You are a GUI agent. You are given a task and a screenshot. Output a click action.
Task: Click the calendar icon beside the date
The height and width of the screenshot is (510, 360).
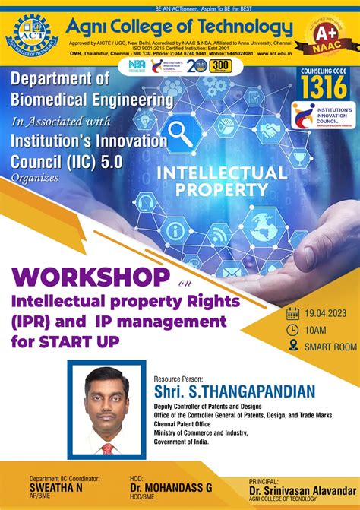292,313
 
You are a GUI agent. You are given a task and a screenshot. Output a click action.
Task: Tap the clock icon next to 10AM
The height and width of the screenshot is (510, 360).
292,330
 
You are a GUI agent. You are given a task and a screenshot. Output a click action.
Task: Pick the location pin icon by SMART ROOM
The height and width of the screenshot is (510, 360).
292,347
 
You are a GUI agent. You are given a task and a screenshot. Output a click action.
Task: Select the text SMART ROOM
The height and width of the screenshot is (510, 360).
330,347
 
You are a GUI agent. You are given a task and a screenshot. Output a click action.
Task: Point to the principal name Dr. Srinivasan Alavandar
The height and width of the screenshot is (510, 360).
302,491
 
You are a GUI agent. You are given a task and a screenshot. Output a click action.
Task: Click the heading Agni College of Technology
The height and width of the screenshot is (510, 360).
178,28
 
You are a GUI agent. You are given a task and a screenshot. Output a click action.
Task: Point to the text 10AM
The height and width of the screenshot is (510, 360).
317,330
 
